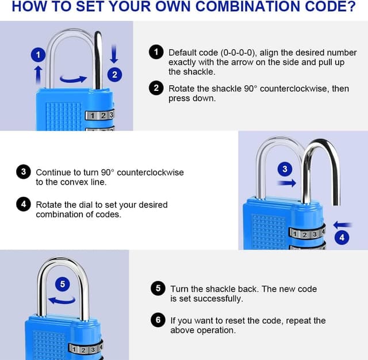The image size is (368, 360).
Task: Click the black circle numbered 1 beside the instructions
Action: tap(156, 52)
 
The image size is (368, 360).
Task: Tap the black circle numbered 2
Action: tap(156, 88)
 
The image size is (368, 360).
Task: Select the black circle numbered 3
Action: tap(24, 172)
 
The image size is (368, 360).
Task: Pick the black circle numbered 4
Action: tap(24, 204)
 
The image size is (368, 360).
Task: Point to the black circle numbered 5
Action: tap(158, 288)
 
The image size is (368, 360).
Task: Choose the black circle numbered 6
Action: tap(158, 320)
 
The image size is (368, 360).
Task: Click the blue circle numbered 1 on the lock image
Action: tap(39, 55)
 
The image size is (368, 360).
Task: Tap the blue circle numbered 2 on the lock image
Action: tap(114, 75)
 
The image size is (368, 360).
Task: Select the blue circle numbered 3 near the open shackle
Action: tap(285, 169)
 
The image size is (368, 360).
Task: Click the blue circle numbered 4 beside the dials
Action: tap(342, 238)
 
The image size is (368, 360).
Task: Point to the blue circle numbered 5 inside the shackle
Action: tap(63, 284)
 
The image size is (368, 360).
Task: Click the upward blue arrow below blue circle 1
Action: tap(39, 75)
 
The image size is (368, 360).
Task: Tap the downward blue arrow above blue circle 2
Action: tap(114, 54)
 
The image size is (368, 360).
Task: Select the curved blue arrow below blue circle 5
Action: tap(62, 301)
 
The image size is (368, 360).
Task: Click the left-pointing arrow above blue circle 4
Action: tap(343, 225)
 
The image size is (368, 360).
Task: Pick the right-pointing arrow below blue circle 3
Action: tap(286, 183)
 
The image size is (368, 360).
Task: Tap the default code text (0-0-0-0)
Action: tap(237, 52)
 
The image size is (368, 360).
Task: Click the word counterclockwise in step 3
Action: tap(150, 173)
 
